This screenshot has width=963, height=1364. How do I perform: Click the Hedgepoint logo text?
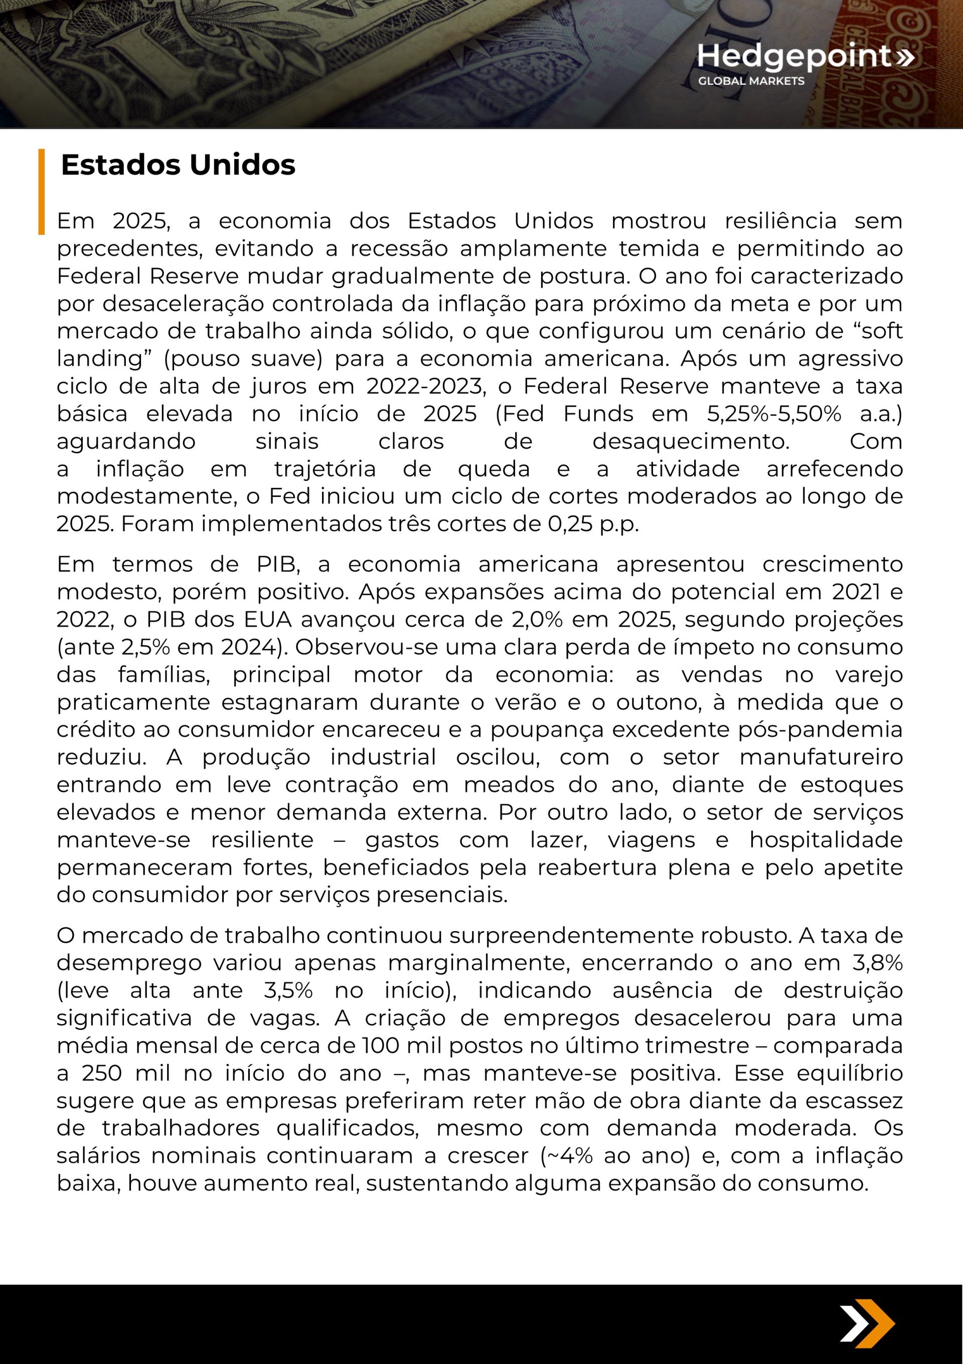click(794, 56)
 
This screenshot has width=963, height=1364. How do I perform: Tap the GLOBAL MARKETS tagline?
click(751, 81)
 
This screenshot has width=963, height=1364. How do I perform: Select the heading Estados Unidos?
click(178, 165)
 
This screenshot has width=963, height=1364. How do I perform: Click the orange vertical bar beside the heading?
click(42, 191)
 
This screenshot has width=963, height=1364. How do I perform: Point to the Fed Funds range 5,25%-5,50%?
click(773, 414)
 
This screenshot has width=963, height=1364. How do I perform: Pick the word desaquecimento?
click(691, 442)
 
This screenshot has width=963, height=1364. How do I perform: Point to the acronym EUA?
click(268, 619)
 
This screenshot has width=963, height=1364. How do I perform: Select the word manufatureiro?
click(821, 758)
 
